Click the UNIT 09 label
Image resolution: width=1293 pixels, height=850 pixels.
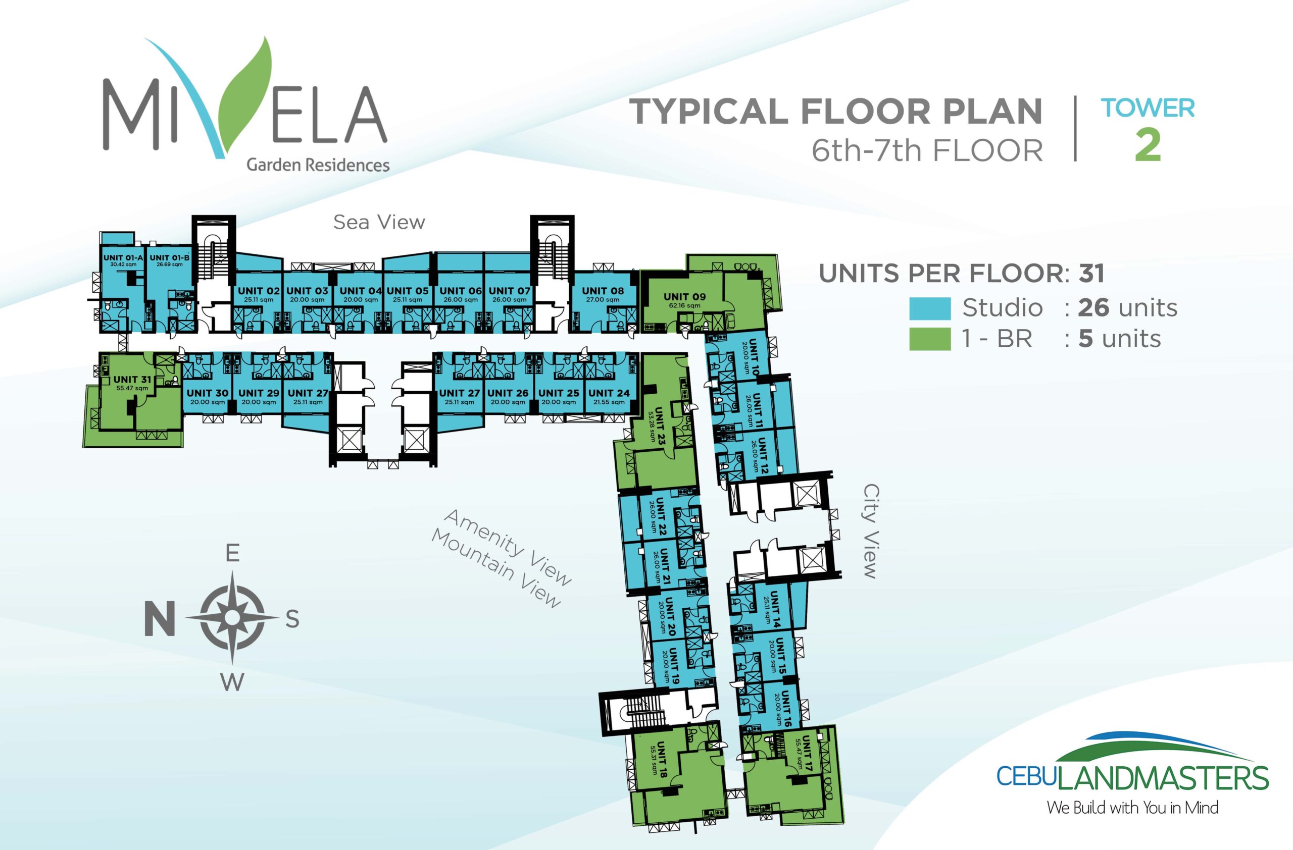pyautogui.click(x=684, y=296)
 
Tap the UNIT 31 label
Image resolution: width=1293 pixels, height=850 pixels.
pyautogui.click(x=132, y=380)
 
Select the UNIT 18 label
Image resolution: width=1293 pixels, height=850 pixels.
pyautogui.click(x=662, y=759)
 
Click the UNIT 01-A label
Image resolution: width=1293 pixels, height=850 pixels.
pyautogui.click(x=123, y=258)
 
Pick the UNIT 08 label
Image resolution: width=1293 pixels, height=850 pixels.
pyautogui.click(x=603, y=290)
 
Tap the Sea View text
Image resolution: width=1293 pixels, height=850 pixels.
pyautogui.click(x=379, y=222)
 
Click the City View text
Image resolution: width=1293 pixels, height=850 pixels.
pyautogui.click(x=870, y=532)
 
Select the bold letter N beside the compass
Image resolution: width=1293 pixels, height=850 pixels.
pyautogui.click(x=159, y=619)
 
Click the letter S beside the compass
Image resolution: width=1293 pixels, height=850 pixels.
pyautogui.click(x=292, y=618)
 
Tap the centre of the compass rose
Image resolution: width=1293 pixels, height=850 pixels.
pyautogui.click(x=232, y=617)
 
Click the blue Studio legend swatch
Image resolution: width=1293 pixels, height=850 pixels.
pyautogui.click(x=930, y=308)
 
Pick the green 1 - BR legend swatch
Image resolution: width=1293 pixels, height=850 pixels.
pyautogui.click(x=930, y=339)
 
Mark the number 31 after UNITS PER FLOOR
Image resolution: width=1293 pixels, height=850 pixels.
pyautogui.click(x=1091, y=274)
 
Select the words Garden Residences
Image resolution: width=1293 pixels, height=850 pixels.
pyautogui.click(x=318, y=165)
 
